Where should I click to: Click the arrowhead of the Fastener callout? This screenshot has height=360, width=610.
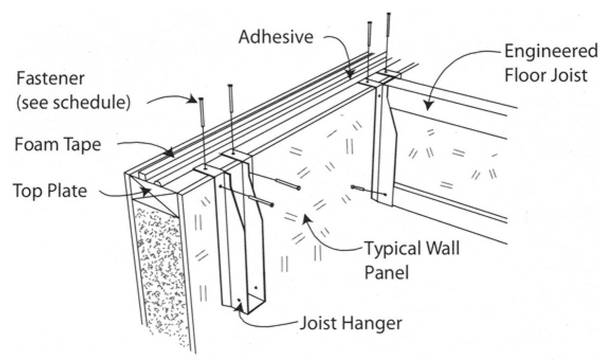pyautogui.click(x=196, y=98)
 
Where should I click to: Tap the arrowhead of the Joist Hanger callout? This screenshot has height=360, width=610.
pyautogui.click(x=240, y=303)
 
